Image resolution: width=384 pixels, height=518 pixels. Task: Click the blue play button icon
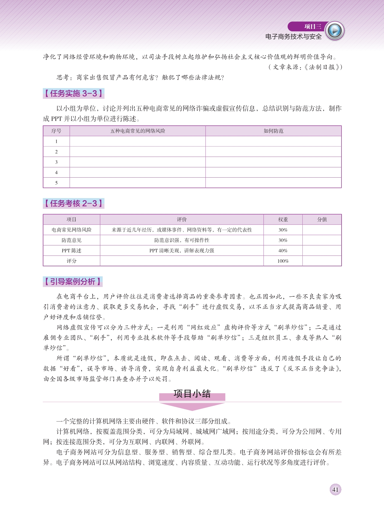click(335, 31)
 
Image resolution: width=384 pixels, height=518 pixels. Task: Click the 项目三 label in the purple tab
click(313, 27)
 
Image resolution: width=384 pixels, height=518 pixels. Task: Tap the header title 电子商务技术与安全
click(293, 37)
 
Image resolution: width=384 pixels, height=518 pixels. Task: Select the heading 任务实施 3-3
click(73, 93)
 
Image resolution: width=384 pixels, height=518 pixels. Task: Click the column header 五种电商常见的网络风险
click(138, 131)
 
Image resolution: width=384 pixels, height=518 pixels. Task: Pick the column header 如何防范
click(273, 131)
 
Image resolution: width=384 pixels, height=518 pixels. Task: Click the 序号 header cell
click(56, 131)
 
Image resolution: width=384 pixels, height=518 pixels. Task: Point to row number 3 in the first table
click(56, 162)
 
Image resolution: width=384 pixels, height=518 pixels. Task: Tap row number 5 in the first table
click(56, 183)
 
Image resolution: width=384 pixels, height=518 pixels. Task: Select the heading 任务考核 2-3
click(73, 204)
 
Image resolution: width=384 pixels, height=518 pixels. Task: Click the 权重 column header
click(283, 220)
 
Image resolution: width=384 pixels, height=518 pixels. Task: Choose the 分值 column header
click(322, 220)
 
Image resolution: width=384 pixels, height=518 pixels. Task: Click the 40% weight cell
click(283, 251)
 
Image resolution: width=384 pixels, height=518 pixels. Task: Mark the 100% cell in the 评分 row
click(283, 261)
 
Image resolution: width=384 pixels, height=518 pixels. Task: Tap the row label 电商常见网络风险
click(71, 230)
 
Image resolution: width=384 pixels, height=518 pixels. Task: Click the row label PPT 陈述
click(71, 251)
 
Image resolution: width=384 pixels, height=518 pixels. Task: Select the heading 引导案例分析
click(73, 282)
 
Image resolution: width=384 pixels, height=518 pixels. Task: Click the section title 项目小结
click(192, 394)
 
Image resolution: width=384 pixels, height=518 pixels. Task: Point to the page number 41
click(335, 490)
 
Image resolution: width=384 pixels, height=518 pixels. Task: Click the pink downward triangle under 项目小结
click(192, 406)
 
